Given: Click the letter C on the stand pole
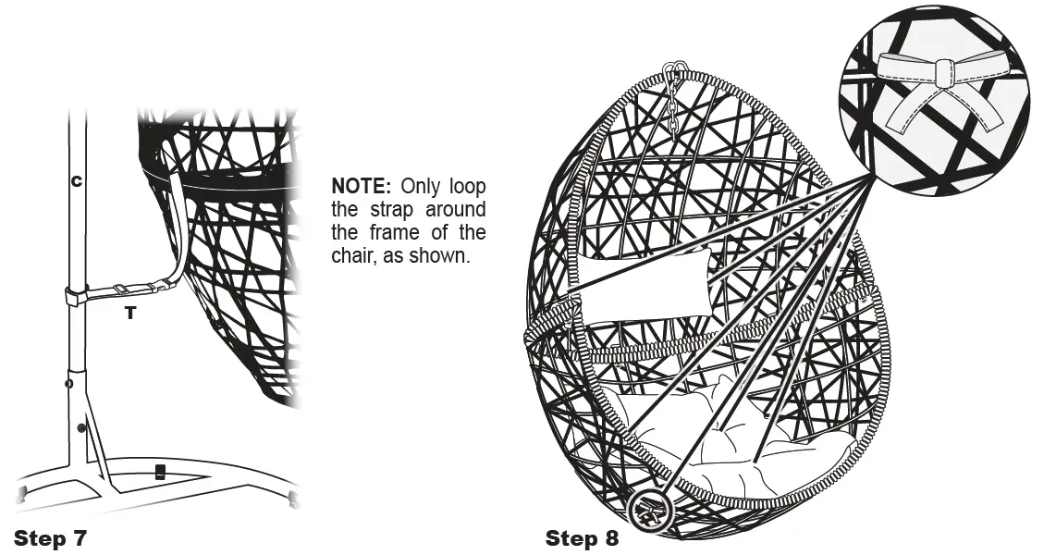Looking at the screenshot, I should pyautogui.click(x=77, y=181).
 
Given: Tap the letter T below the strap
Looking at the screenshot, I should pyautogui.click(x=130, y=314).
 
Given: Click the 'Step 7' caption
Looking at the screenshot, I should pyautogui.click(x=51, y=537).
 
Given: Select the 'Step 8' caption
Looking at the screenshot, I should pyautogui.click(x=582, y=537).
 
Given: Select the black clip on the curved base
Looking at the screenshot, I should pyautogui.click(x=160, y=472).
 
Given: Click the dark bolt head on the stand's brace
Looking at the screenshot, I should pyautogui.click(x=82, y=427).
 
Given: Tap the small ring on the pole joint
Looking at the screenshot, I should pyautogui.click(x=68, y=381).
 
